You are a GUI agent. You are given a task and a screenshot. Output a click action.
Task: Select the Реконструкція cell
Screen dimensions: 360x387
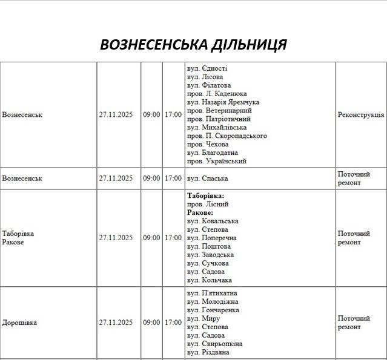click(x=360, y=114)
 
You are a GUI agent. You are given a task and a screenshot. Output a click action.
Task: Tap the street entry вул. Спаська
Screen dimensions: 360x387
click(x=207, y=178)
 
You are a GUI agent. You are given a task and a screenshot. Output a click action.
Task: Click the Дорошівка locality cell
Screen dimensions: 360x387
click(x=19, y=322)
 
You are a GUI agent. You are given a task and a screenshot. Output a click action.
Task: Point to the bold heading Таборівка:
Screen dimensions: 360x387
click(x=205, y=196)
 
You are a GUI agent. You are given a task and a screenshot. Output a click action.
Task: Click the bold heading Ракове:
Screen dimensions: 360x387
click(x=200, y=213)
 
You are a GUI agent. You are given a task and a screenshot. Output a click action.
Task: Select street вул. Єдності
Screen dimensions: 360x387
click(x=207, y=68)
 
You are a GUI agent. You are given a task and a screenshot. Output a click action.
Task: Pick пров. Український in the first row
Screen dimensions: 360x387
click(x=217, y=162)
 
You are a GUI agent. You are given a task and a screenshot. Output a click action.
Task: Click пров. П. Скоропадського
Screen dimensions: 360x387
click(x=227, y=136)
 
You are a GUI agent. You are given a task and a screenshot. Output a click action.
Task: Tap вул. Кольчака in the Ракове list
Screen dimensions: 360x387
click(x=210, y=280)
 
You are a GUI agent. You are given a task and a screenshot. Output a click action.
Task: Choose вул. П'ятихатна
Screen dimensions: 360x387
click(x=212, y=293)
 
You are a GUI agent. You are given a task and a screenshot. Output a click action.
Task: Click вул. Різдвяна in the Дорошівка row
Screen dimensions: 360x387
click(x=208, y=352)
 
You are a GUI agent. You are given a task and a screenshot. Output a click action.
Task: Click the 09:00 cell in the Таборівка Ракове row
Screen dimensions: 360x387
click(x=151, y=238)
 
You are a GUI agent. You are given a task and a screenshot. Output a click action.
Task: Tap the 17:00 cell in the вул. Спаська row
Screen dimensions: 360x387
click(x=173, y=178)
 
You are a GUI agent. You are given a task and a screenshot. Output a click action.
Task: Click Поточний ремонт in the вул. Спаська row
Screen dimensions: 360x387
click(x=353, y=178)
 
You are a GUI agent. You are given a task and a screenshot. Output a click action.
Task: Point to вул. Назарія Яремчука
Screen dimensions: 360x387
click(x=223, y=102)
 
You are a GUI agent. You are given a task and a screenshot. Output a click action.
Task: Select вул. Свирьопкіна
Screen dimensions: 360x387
click(x=214, y=344)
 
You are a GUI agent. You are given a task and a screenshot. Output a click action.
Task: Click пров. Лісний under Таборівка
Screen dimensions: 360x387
click(x=208, y=205)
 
